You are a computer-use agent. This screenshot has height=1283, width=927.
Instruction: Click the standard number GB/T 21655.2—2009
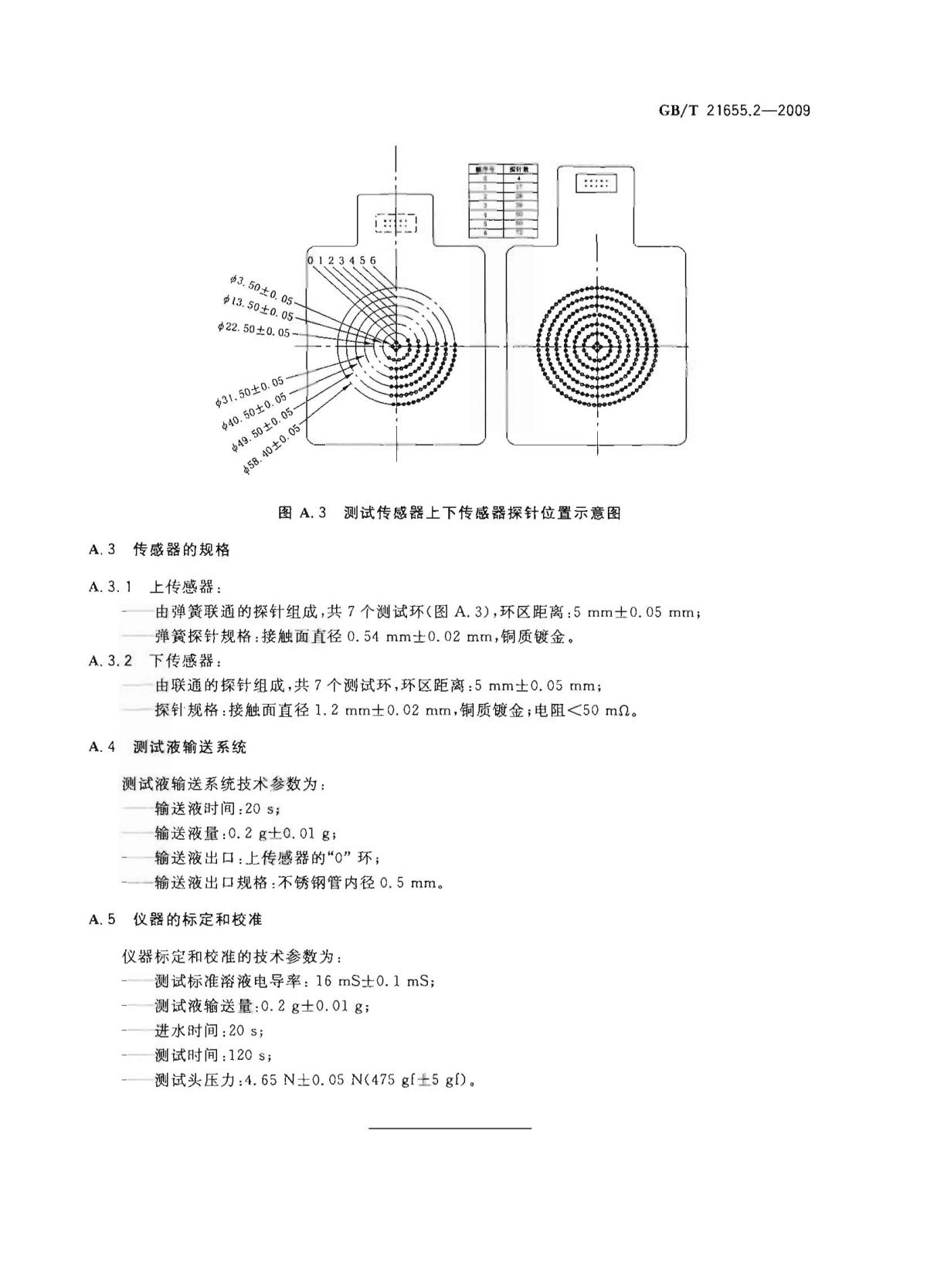coord(734,110)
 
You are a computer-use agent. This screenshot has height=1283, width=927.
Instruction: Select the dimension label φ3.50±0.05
coord(263,289)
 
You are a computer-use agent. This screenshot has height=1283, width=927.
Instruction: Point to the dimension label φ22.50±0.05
coord(253,329)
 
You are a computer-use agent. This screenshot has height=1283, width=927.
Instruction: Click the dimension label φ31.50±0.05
coord(250,391)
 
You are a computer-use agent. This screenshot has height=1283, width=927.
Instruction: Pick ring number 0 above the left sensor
coord(311,261)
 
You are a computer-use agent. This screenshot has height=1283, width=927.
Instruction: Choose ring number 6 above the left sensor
coord(372,261)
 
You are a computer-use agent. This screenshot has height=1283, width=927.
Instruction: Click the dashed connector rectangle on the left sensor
coord(396,224)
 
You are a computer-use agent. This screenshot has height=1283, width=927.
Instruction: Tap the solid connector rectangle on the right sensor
coord(596,183)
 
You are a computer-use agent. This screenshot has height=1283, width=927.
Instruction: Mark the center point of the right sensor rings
coord(596,347)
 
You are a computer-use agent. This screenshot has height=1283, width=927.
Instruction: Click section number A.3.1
coord(110,587)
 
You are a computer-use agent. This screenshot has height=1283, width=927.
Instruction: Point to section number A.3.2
coord(110,661)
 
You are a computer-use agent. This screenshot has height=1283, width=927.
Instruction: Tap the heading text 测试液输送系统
coord(190,747)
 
